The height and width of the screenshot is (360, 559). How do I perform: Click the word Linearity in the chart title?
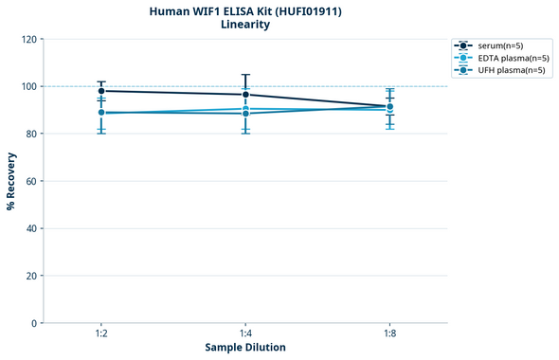coord(244,25)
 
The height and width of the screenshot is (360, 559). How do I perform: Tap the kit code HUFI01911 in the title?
coord(306,10)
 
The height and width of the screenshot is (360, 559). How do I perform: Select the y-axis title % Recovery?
coord(11,180)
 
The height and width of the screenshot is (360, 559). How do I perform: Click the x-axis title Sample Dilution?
coord(245,348)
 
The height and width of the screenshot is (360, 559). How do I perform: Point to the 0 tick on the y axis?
coord(34,323)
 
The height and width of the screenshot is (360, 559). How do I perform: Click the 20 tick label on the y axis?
coord(31,276)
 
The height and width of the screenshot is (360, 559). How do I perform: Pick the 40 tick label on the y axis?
coord(31,228)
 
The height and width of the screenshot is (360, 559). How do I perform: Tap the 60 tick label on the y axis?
coord(31,181)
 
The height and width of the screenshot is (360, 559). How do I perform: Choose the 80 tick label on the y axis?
coord(31,134)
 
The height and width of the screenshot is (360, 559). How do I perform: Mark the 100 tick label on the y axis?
coord(28,86)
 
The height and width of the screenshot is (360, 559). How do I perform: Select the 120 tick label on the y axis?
coord(28,39)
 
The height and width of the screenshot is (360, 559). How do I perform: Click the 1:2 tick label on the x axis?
coord(101,333)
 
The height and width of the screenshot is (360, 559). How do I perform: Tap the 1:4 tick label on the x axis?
coord(245,333)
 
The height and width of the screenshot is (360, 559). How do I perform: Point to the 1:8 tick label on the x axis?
coord(390,333)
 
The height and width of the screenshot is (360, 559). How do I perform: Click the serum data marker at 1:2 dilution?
coord(101,91)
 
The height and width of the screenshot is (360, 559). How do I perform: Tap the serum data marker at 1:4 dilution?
coord(245,95)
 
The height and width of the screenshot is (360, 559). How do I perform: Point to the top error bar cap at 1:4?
coord(245,75)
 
